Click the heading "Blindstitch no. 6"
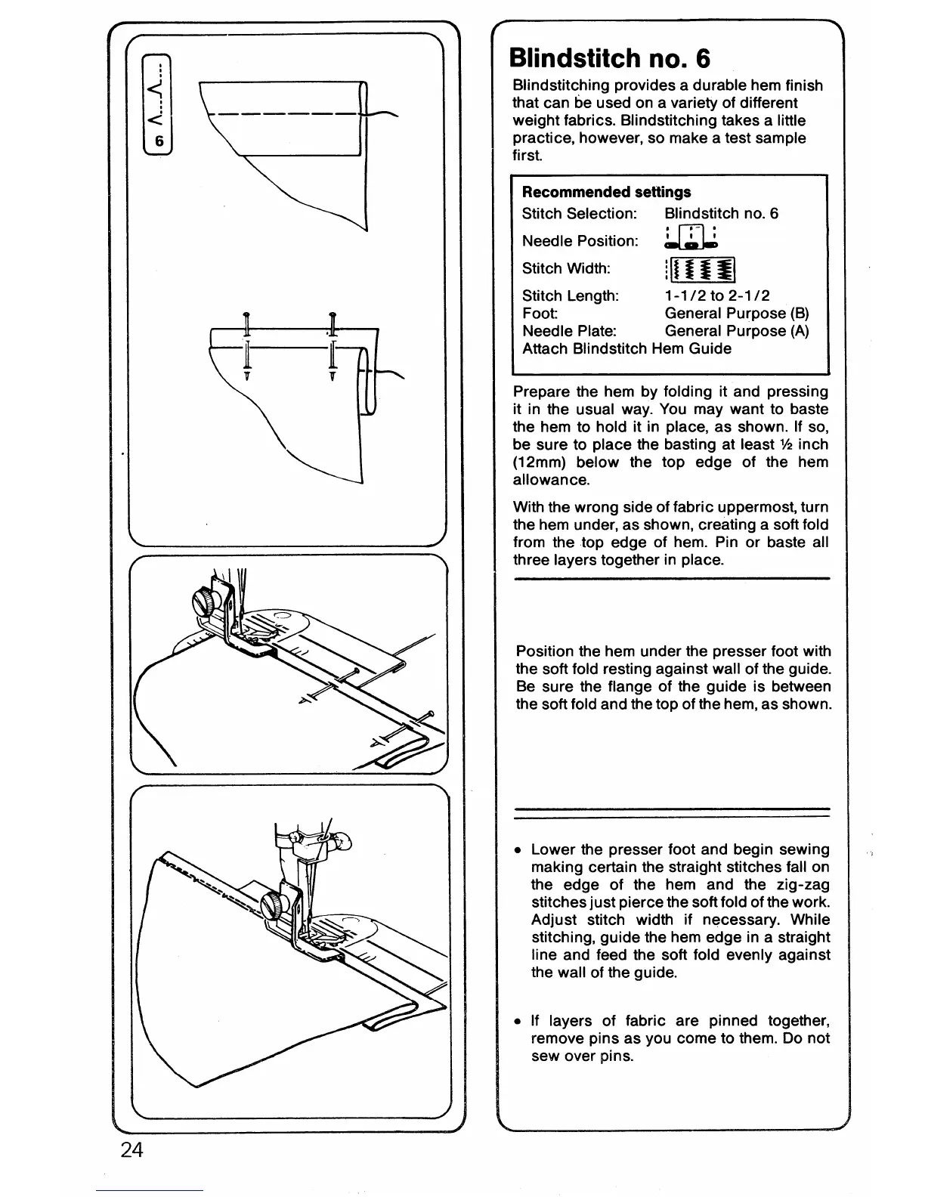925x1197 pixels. pos(610,58)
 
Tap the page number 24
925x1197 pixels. pos(131,1150)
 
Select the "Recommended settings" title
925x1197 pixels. pos(606,192)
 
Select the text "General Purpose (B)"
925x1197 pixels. pos(736,313)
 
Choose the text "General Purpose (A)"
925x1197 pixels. pos(736,331)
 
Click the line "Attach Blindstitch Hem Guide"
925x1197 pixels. pos(626,348)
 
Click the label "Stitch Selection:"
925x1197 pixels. pos(579,214)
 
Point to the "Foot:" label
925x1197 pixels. pos(540,313)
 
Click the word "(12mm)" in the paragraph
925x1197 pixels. pos(540,462)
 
